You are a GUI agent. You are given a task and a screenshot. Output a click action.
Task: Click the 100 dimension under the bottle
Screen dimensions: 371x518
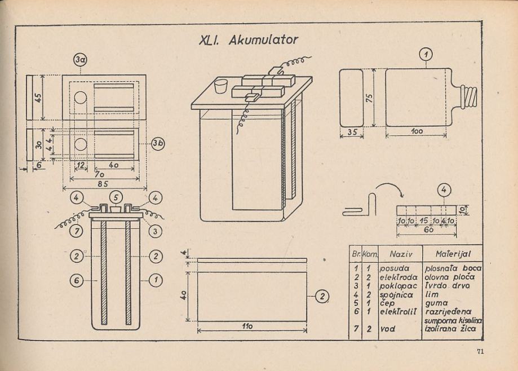coord(417,131)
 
